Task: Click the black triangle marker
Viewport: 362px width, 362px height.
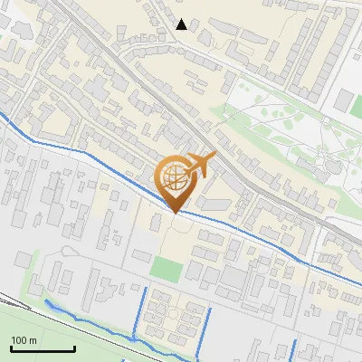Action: [x=182, y=24]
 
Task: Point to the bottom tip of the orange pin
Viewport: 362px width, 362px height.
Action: [x=176, y=212]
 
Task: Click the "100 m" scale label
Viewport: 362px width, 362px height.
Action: [x=24, y=339]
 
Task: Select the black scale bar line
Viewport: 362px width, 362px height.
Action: [x=43, y=348]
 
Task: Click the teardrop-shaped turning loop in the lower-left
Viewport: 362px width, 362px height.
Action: [x=68, y=251]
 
